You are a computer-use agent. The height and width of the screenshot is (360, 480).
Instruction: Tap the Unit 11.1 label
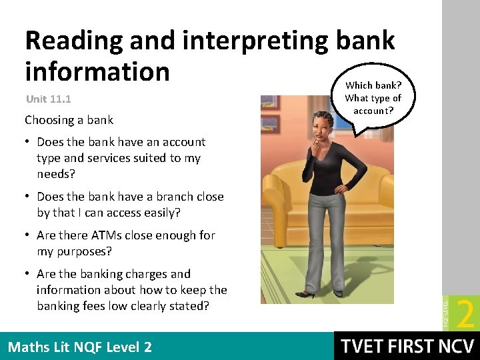pyautogui.click(x=48, y=99)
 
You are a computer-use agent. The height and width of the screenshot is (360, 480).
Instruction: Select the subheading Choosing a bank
pyautogui.click(x=69, y=120)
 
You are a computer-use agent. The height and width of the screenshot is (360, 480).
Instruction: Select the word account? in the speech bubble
pyautogui.click(x=373, y=111)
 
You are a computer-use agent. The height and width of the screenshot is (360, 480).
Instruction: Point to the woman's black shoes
pyautogui.click(x=307, y=294)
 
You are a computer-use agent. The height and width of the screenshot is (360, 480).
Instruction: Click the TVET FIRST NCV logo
pyautogui.click(x=407, y=347)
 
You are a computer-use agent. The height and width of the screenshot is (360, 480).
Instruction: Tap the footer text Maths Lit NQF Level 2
pyautogui.click(x=79, y=347)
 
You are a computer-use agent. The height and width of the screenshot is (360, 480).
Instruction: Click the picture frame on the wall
pyautogui.click(x=270, y=102)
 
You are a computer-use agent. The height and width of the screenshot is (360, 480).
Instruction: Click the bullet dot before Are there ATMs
pyautogui.click(x=29, y=235)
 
